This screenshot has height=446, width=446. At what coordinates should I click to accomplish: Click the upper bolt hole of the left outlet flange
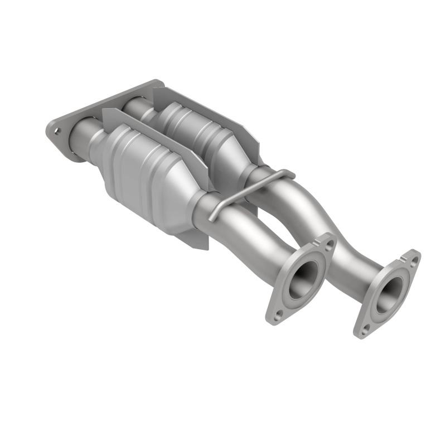tap(328, 244)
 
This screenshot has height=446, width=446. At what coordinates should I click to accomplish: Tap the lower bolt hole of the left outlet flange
tap(278, 314)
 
